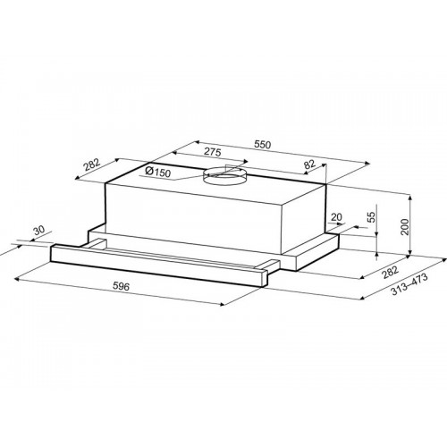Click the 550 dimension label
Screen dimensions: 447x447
click(263, 145)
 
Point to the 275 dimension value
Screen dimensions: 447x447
click(213, 152)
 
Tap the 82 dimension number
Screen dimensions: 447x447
click(309, 164)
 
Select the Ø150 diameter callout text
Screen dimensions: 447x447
click(157, 172)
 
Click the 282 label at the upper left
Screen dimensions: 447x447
click(91, 164)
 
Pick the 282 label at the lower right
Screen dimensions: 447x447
click(390, 272)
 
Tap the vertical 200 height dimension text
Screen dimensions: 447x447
click(405, 227)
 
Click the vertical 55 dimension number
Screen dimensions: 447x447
click(371, 217)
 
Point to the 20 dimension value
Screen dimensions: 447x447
click(336, 217)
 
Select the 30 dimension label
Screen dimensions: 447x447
click(38, 230)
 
